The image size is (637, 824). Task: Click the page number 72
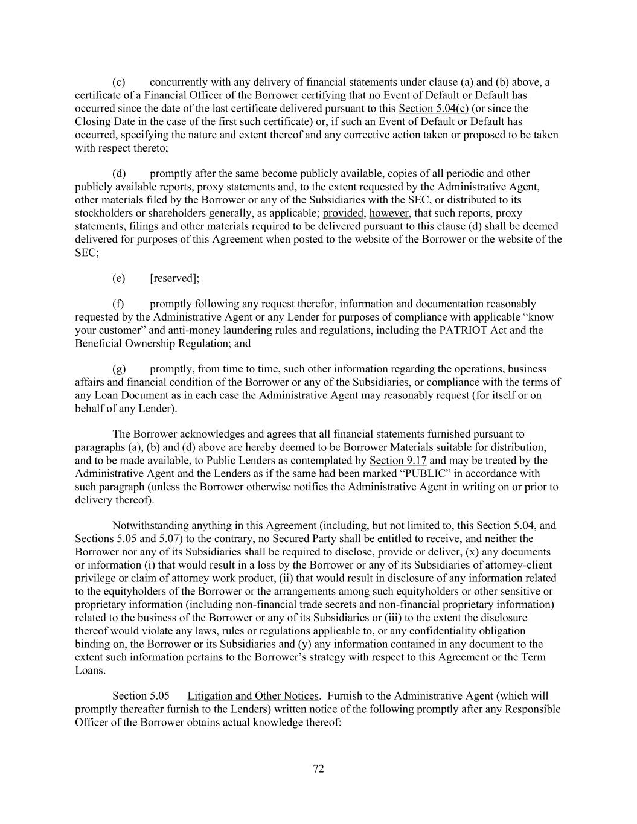click(318, 768)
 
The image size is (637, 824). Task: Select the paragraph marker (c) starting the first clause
click(118, 82)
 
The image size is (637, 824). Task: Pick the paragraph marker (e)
click(118, 278)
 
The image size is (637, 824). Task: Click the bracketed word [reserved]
click(174, 278)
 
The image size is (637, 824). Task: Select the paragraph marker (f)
click(118, 304)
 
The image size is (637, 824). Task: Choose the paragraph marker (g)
click(118, 369)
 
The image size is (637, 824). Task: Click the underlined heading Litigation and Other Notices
click(252, 696)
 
